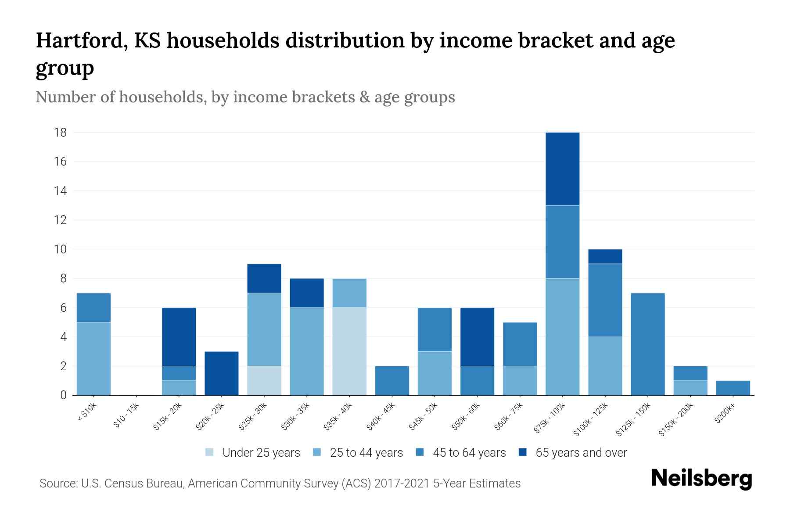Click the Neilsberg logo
701,479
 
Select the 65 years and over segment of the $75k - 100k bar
562,169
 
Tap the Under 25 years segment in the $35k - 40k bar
349,351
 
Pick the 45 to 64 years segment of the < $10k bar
93,307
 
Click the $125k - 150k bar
647,344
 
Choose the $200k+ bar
733,388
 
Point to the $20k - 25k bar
222,373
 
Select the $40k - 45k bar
392,381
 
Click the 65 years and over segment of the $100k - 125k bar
605,256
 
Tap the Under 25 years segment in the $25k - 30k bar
264,381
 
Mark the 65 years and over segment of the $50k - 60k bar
477,337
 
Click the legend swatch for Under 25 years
210,452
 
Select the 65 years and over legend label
581,453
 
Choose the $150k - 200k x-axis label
676,419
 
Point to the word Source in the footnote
58,484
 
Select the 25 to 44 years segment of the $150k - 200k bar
690,388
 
